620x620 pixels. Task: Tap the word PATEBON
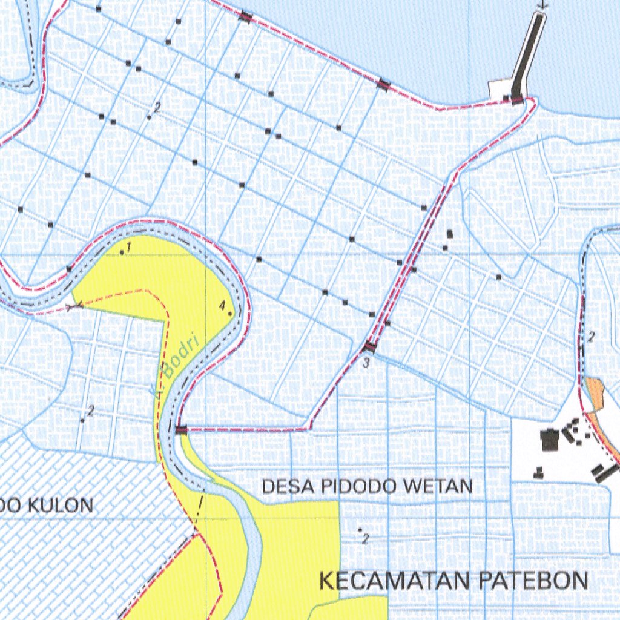[533, 581]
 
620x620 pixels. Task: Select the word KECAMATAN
[394, 581]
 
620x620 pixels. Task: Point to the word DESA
[282, 486]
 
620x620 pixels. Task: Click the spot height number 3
[366, 363]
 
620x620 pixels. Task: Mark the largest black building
[550, 439]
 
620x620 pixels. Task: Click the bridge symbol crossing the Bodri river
[181, 429]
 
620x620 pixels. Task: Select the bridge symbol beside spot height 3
[369, 347]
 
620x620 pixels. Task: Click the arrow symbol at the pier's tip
[542, 5]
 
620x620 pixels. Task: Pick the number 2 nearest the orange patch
[592, 337]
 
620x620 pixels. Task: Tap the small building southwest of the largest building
[538, 473]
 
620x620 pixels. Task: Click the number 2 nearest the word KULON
[90, 411]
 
